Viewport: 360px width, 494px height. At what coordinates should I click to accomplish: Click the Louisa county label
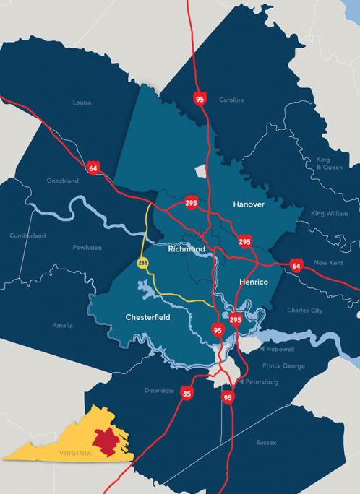click(x=82, y=103)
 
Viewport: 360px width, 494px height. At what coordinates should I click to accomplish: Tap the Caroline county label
click(x=232, y=100)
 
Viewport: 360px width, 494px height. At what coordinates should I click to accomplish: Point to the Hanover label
click(x=249, y=205)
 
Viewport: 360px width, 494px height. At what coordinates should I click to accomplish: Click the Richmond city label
click(x=187, y=248)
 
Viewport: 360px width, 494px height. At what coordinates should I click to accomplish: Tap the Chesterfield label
click(x=147, y=316)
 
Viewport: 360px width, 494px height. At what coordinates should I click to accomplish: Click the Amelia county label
click(x=62, y=326)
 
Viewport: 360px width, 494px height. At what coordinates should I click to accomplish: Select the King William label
click(x=328, y=214)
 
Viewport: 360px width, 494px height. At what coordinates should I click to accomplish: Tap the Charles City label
click(x=304, y=311)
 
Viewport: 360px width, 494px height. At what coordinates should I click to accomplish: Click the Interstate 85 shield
click(x=187, y=394)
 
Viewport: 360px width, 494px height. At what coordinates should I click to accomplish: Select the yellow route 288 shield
click(x=143, y=263)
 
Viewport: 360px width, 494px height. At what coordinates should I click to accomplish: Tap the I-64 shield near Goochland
click(x=93, y=168)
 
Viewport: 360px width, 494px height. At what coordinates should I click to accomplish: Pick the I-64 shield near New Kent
click(x=296, y=266)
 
